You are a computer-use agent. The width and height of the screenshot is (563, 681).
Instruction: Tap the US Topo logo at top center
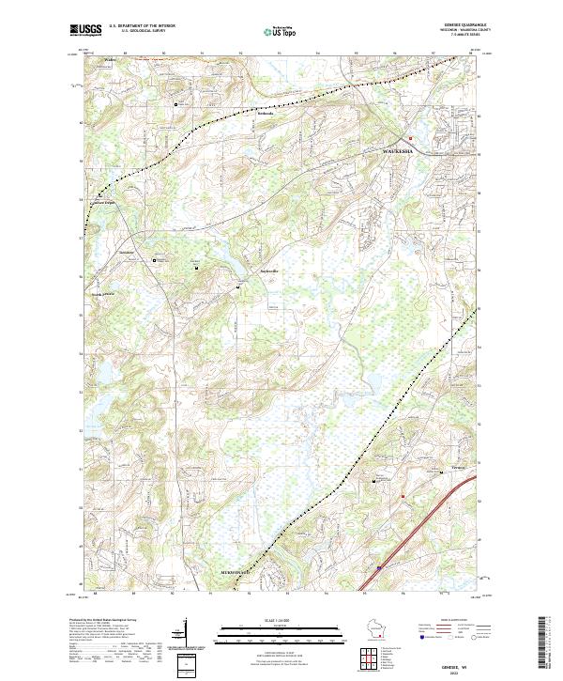(x=279, y=31)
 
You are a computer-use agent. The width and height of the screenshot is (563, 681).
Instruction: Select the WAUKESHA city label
(x=403, y=152)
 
